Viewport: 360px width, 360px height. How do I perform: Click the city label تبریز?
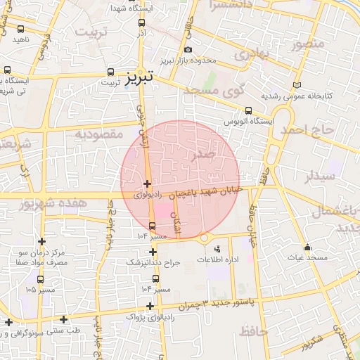141,77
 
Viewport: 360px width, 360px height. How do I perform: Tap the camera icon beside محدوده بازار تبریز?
188,50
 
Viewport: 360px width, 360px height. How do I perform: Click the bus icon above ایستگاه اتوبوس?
248,110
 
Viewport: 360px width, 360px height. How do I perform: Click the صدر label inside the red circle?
209,155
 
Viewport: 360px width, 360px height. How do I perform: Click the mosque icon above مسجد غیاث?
307,247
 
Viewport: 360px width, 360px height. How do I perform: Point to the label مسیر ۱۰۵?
40,289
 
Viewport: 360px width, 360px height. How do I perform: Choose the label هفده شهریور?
44,203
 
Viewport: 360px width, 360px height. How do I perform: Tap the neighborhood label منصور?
307,45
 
